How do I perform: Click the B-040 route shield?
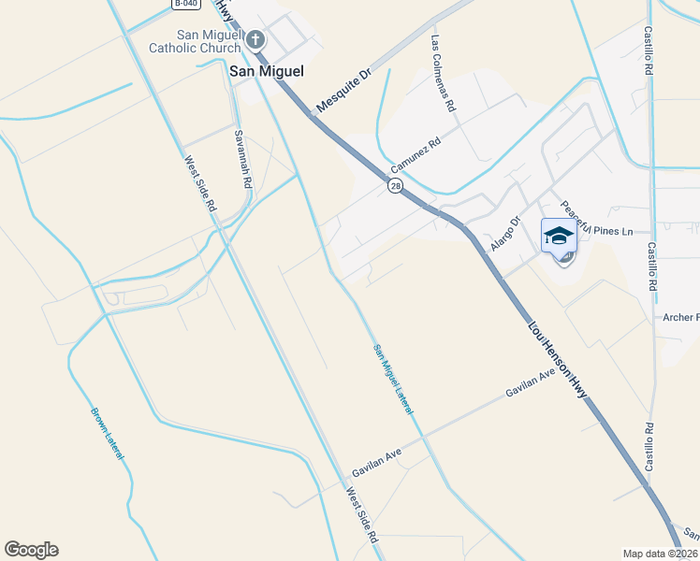(x=186, y=5)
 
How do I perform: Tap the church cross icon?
(x=255, y=40)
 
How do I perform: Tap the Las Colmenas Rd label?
(x=443, y=75)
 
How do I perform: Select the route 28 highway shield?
(x=396, y=187)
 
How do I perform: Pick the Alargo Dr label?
(x=504, y=234)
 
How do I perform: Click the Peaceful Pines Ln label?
(x=598, y=221)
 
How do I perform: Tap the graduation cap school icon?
(x=558, y=236)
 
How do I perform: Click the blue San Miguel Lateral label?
(x=393, y=379)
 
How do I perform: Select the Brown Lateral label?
(x=108, y=432)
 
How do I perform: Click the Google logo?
(x=31, y=550)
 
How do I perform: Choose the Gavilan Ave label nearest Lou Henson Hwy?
(x=531, y=381)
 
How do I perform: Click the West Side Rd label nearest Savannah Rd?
(x=201, y=182)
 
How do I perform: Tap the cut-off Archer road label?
(x=680, y=317)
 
